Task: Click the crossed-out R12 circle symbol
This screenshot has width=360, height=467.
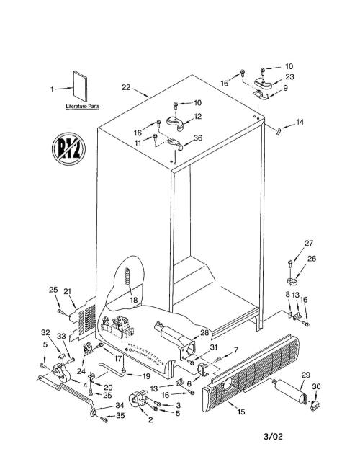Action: (x=68, y=149)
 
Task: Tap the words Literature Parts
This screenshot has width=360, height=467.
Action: (x=82, y=107)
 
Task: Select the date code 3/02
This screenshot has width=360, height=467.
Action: (x=273, y=437)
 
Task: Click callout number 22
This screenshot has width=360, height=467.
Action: (x=126, y=88)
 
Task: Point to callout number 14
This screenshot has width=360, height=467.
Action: (x=300, y=122)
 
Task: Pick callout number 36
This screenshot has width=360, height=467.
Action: (x=198, y=138)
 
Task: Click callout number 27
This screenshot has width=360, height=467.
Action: (x=309, y=243)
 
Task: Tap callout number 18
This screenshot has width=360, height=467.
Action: (x=134, y=300)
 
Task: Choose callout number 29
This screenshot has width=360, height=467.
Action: (x=306, y=375)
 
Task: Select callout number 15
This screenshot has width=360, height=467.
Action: (x=241, y=412)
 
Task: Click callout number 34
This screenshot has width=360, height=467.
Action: (x=120, y=405)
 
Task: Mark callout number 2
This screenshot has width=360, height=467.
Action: (x=150, y=420)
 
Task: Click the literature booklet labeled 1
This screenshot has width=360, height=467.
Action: (x=80, y=86)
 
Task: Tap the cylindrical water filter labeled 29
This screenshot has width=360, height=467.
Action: (x=289, y=391)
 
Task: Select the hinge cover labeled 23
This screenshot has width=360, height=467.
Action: (x=264, y=83)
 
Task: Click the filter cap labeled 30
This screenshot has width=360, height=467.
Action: (x=315, y=405)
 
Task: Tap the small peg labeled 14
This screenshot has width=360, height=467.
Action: (x=279, y=132)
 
